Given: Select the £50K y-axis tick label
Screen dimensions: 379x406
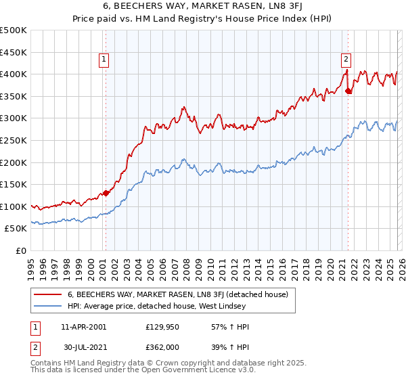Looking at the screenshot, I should point(16,229).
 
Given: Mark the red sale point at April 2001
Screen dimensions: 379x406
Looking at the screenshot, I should point(106,194).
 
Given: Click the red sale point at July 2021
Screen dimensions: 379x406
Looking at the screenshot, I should point(348,91).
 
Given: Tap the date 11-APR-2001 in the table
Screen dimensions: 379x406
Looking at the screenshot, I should point(83,327).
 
